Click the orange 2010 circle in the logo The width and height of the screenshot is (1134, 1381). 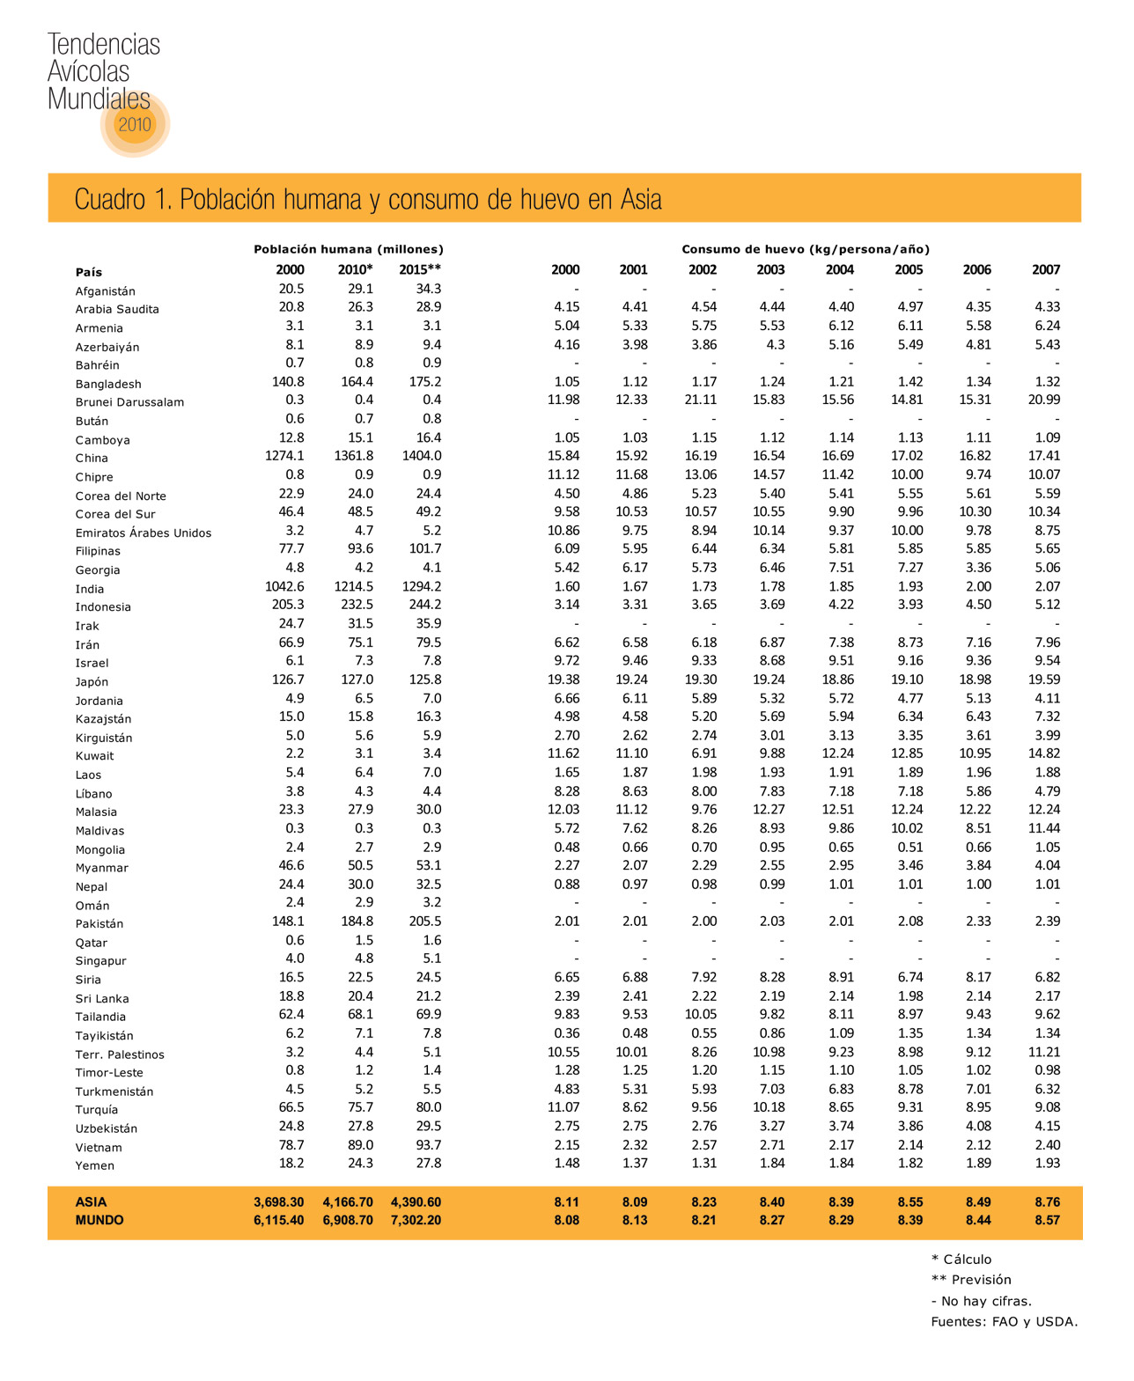click(x=135, y=124)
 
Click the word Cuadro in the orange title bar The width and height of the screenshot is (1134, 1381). click(x=109, y=200)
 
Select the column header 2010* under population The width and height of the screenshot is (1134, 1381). click(x=355, y=270)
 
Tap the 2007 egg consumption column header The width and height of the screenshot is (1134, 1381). click(x=1046, y=270)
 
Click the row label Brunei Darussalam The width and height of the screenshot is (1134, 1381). click(x=129, y=402)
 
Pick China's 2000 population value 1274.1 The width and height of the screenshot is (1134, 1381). click(x=284, y=456)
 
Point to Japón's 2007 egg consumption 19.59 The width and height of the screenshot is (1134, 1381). click(x=1045, y=679)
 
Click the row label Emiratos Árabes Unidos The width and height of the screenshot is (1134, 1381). click(x=143, y=533)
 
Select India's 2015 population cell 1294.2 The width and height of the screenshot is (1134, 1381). click(x=422, y=586)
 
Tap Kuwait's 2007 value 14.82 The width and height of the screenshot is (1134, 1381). click(x=1045, y=753)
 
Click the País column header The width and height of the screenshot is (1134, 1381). click(x=89, y=272)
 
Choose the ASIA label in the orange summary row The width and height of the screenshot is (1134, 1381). click(x=91, y=1201)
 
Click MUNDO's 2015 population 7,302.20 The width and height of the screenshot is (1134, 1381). click(x=416, y=1220)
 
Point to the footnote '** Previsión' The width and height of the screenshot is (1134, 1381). click(x=971, y=1280)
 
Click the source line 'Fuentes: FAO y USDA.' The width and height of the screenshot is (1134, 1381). click(x=1004, y=1321)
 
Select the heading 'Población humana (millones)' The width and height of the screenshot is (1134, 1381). click(x=349, y=249)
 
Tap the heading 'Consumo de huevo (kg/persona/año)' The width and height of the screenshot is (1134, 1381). click(x=806, y=249)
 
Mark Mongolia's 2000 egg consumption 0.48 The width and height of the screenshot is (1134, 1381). click(x=566, y=847)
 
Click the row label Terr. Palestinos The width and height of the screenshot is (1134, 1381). click(x=120, y=1054)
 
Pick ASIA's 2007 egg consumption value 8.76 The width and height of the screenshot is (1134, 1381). click(x=1047, y=1201)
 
